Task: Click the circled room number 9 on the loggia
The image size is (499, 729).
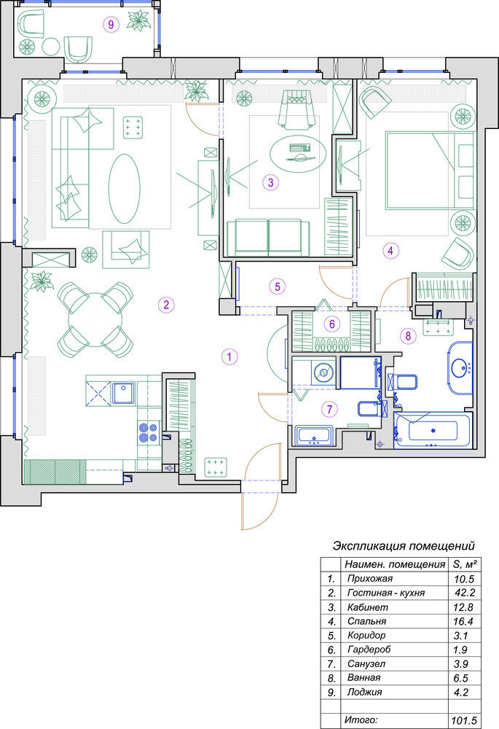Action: coord(111,24)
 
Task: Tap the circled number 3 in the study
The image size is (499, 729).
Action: coord(271,182)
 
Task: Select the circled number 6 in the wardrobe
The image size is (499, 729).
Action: coord(331,324)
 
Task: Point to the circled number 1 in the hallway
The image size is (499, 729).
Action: coord(229,356)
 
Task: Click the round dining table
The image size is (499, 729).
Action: coord(95,320)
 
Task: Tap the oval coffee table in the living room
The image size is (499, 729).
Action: coord(124,189)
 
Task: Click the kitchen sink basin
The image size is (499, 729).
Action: coord(124,394)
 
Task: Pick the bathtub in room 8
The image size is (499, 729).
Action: coord(432,430)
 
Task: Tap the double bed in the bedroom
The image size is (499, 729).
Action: coord(429,170)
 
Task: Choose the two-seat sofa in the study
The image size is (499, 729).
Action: coord(268,237)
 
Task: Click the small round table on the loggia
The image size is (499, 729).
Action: coord(51,46)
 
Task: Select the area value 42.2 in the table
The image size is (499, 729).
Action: coord(464,593)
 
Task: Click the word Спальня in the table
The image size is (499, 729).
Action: coord(366,621)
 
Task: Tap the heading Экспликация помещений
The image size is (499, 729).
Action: coord(404,546)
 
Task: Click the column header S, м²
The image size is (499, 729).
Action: coord(465,564)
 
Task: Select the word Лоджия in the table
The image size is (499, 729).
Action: coord(365,693)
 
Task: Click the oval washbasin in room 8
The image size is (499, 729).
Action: coord(460,367)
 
